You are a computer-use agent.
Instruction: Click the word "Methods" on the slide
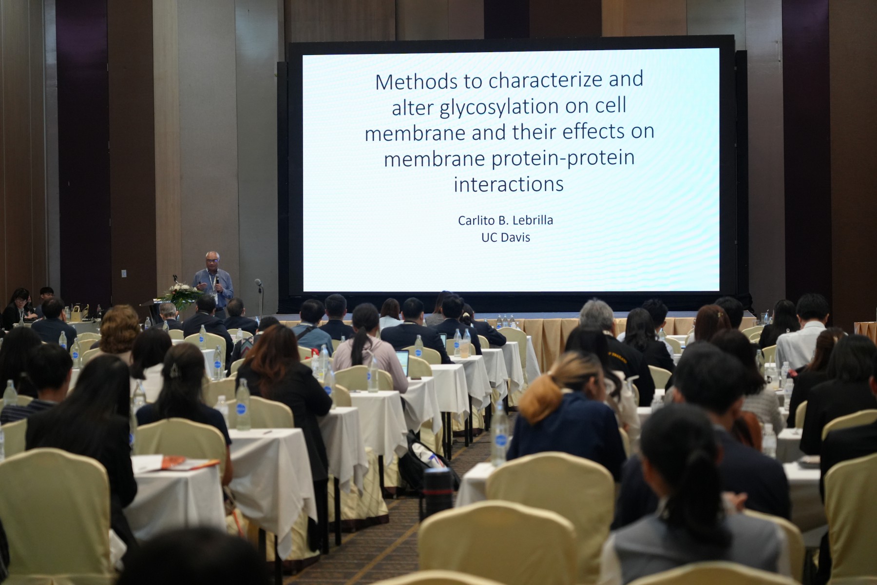[417, 81]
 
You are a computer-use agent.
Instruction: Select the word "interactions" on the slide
[509, 184]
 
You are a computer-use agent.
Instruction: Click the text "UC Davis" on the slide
[506, 238]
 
